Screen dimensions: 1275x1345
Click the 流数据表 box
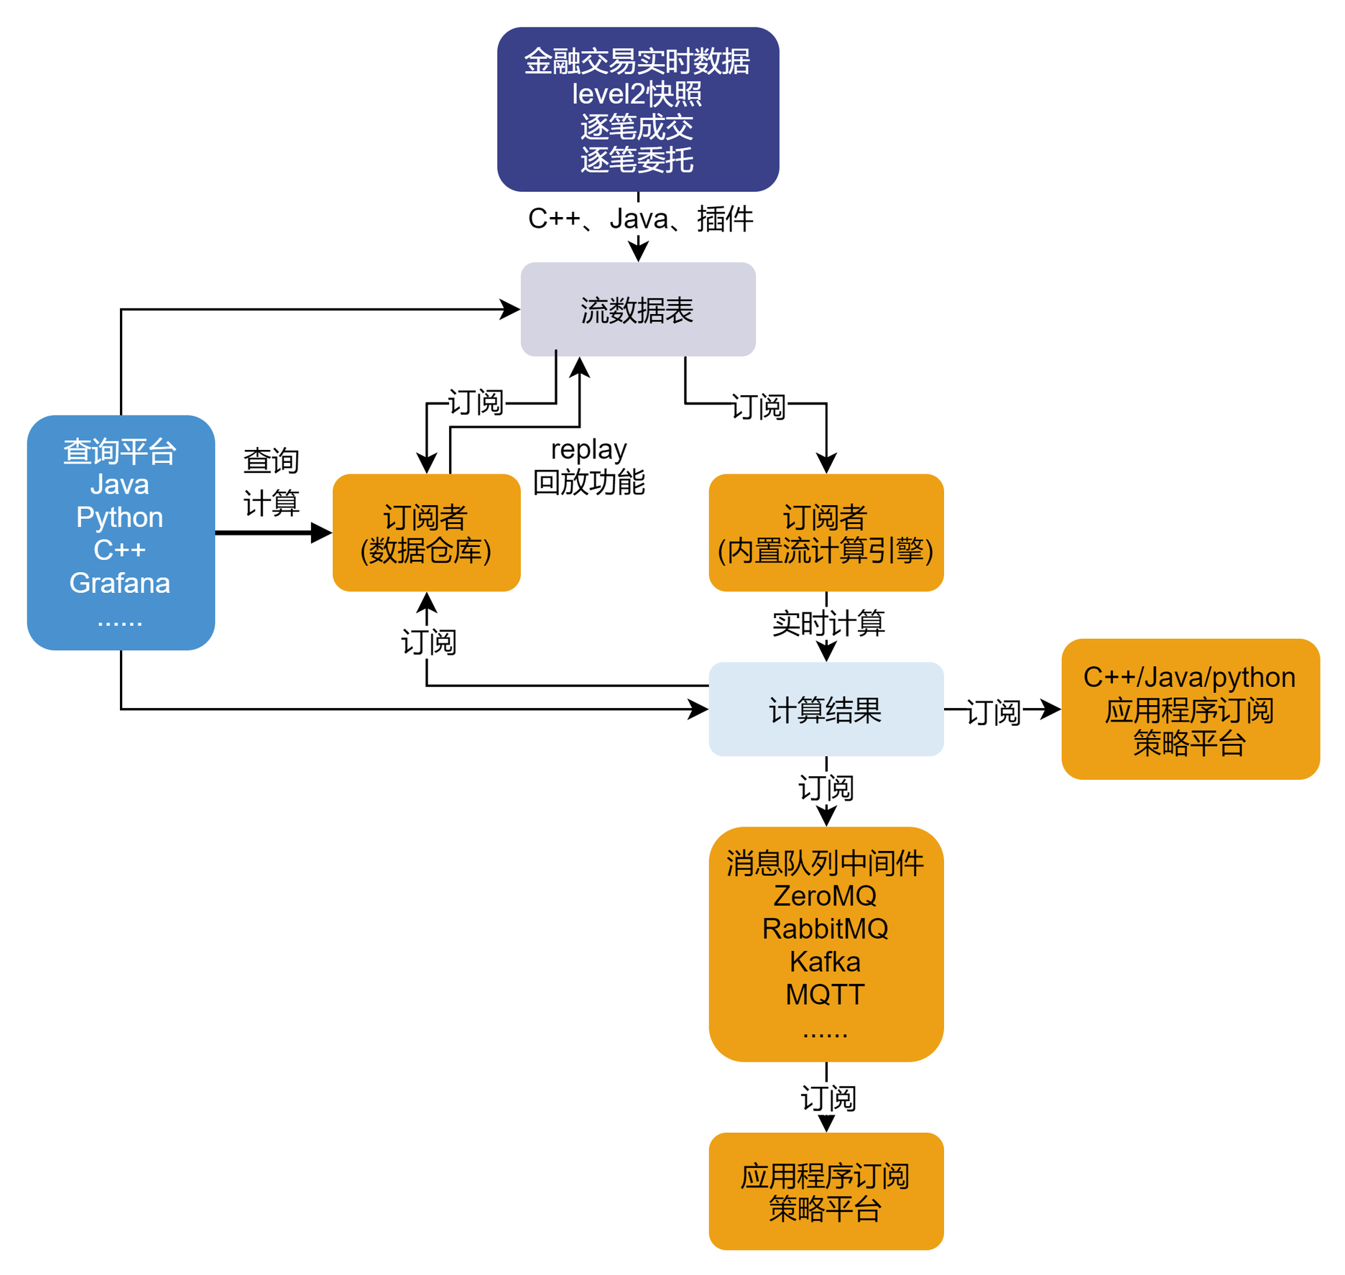637,310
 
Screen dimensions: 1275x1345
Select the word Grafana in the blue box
120,583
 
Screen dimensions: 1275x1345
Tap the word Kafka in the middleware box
825,962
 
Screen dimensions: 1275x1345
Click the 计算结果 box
825,709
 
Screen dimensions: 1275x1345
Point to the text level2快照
637,94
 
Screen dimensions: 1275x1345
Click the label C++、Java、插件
640,218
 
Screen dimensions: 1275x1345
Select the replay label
588,449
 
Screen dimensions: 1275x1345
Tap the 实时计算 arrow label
828,623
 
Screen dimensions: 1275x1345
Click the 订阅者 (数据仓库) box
426,533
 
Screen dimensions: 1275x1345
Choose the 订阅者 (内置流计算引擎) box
825,533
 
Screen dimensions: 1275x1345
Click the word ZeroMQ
825,896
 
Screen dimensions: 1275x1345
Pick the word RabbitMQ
825,929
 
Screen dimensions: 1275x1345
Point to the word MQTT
825,995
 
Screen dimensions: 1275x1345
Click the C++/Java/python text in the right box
1189,678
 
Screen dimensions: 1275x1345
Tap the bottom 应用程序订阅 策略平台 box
825,1192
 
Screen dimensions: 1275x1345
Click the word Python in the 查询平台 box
120,517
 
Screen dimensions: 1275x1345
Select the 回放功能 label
588,482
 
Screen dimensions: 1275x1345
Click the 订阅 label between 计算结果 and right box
994,712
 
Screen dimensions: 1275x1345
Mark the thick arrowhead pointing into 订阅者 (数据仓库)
321,533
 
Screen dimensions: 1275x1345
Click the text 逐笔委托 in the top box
637,160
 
